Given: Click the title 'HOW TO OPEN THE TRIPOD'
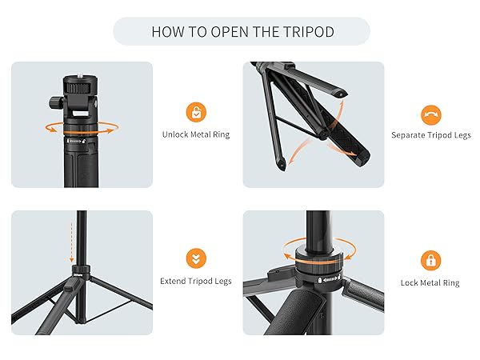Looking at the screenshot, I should click(x=241, y=31).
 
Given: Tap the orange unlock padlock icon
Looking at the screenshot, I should click(x=195, y=112).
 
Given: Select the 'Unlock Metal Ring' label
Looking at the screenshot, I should click(x=195, y=134).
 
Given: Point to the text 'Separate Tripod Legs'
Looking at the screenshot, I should click(x=430, y=135).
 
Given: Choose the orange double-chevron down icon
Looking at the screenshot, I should click(x=195, y=258).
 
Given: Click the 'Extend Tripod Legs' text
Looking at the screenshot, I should click(x=195, y=282).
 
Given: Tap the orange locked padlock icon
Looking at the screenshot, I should click(x=430, y=259).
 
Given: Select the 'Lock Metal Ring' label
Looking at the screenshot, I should click(x=430, y=282).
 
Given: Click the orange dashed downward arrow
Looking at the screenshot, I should click(x=71, y=244).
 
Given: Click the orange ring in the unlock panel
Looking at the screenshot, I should click(x=79, y=127).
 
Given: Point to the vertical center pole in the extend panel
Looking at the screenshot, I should click(x=80, y=240).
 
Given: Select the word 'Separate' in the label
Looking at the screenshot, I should click(x=408, y=135).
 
